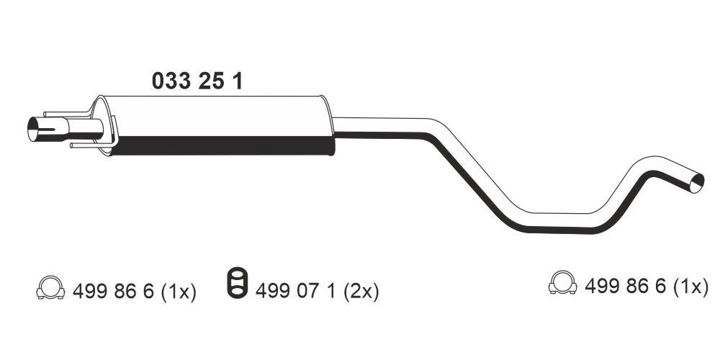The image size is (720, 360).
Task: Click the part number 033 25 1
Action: tap(197, 81)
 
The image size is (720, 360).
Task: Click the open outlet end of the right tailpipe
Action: tap(696, 182)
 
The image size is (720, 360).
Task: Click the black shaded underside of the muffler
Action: tap(223, 146)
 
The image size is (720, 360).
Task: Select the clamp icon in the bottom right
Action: tap(562, 284)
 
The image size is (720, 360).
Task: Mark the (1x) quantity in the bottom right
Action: tap(690, 287)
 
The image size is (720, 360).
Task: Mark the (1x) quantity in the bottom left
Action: tap(177, 291)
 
